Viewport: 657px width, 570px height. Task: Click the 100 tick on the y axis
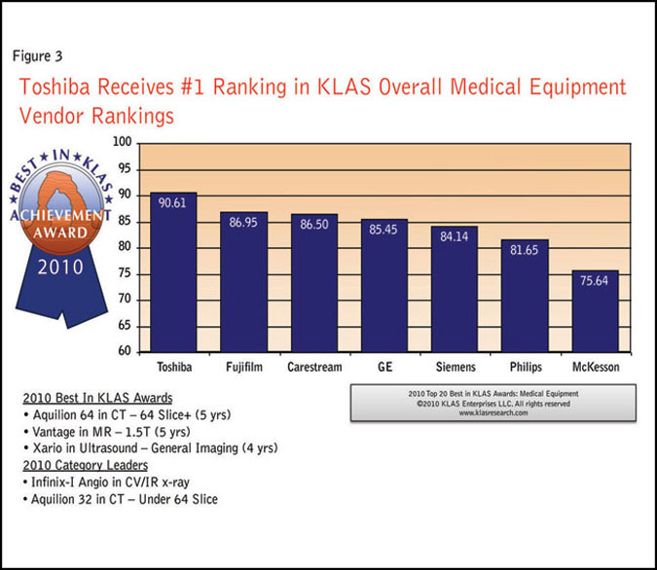(x=122, y=142)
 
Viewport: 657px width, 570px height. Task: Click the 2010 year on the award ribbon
(x=60, y=266)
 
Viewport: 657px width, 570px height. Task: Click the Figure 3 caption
(x=39, y=54)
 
